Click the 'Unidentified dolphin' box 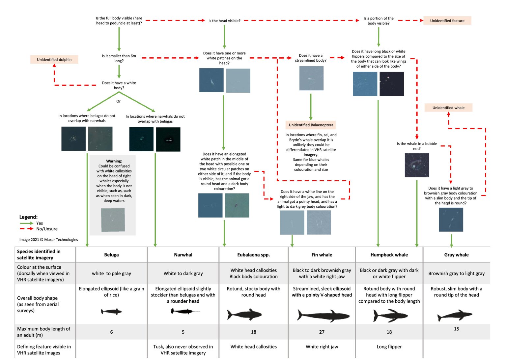[x=54, y=60]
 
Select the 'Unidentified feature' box [x=447, y=21]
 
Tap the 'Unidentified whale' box [x=448, y=108]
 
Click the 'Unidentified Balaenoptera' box [x=311, y=125]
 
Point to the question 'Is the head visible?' [x=224, y=21]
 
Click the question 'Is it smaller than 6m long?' [x=119, y=58]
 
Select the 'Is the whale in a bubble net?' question [x=417, y=146]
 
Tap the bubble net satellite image [x=417, y=165]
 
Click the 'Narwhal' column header [x=183, y=255]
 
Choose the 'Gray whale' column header [x=456, y=255]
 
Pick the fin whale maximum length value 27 [x=322, y=332]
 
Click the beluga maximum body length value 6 [x=111, y=332]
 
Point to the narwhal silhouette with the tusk [x=184, y=311]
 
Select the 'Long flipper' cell [x=389, y=346]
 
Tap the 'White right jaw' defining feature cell [x=322, y=346]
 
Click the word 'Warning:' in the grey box [x=114, y=161]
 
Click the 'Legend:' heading [x=28, y=217]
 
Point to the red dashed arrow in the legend [x=26, y=229]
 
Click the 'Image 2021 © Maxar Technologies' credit [x=49, y=240]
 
